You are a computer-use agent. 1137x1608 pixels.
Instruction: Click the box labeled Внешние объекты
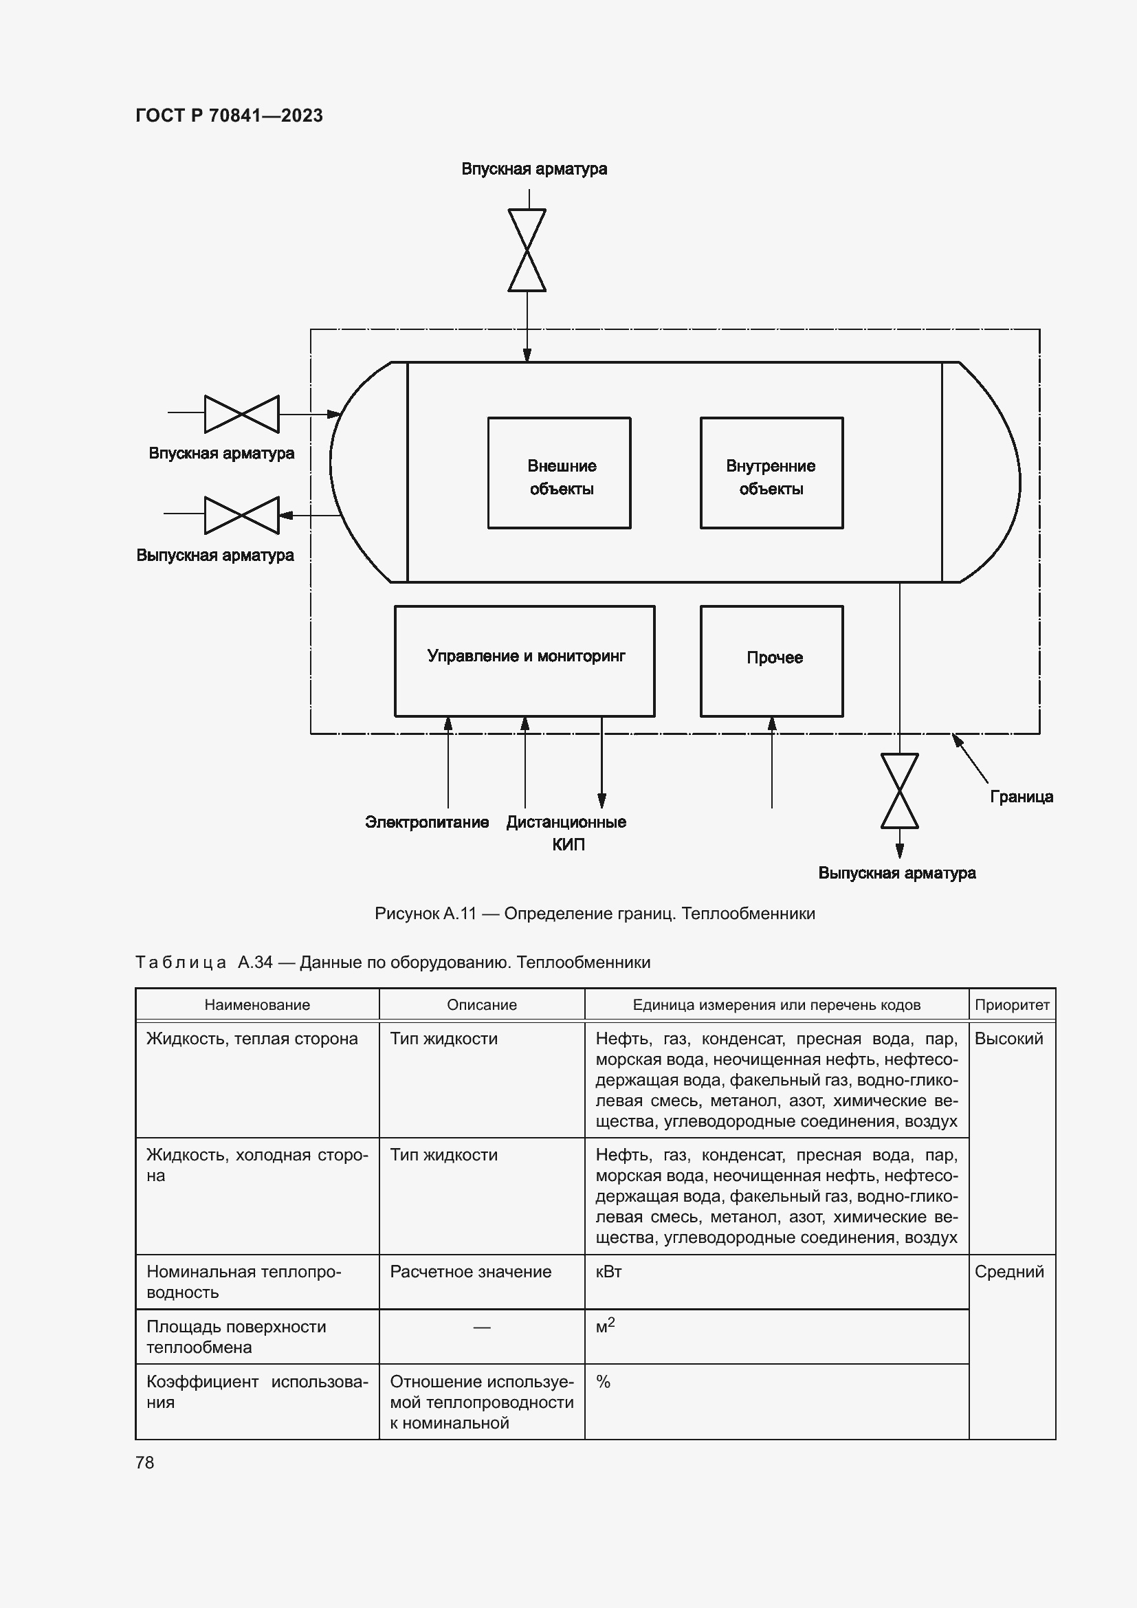click(x=560, y=474)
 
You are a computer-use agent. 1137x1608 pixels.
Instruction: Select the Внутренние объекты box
click(x=771, y=474)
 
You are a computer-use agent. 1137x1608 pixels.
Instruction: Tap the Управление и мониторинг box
click(x=525, y=661)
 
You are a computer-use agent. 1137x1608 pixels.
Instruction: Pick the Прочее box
click(x=771, y=661)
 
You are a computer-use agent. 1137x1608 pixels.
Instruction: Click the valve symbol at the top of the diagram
click(x=527, y=250)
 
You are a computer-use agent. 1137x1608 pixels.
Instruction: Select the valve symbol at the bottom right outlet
click(x=900, y=791)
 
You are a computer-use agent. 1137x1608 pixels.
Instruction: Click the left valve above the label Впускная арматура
click(x=241, y=414)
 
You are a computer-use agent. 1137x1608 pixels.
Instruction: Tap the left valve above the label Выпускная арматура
click(x=241, y=515)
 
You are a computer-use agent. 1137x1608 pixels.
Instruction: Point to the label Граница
click(x=1022, y=796)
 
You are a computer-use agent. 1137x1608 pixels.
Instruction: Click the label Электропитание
click(x=427, y=822)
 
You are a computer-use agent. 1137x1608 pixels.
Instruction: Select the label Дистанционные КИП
click(x=566, y=832)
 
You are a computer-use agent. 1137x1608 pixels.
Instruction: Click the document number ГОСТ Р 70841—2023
click(x=229, y=115)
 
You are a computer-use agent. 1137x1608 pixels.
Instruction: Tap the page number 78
click(x=145, y=1462)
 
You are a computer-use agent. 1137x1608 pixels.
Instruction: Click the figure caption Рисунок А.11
click(x=595, y=913)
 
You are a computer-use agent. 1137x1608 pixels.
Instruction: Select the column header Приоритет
click(x=1012, y=1004)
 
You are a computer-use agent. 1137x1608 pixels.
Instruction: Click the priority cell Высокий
click(x=1009, y=1039)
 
